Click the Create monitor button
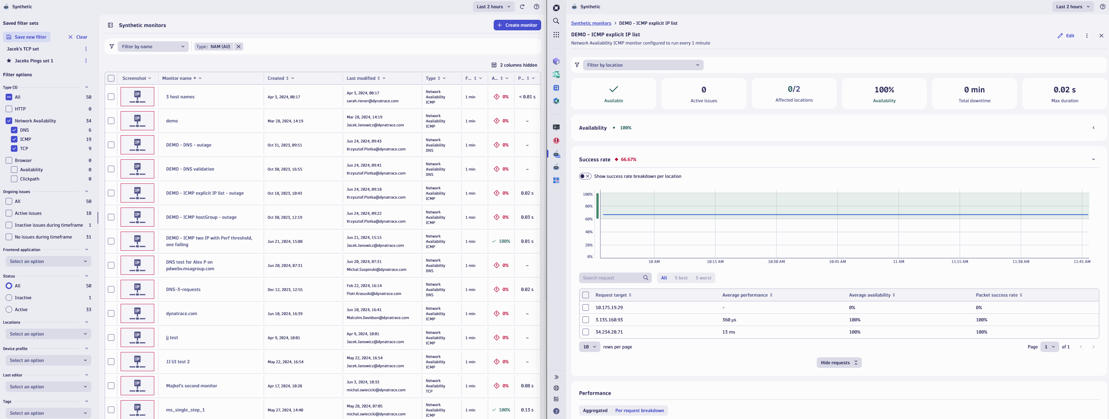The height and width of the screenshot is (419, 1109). pos(517,25)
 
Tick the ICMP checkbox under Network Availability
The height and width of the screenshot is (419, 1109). pos(14,139)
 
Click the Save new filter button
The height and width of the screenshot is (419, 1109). pos(27,37)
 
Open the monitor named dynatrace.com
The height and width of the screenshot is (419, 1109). pos(181,314)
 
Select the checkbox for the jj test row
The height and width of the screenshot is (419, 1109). pos(111,338)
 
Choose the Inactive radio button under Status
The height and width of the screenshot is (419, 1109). pos(9,298)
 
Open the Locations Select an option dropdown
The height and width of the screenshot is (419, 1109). pos(48,334)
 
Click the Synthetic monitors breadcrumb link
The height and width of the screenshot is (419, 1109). pos(591,23)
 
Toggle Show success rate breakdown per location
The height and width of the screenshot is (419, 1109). pos(585,176)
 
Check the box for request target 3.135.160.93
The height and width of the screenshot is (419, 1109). pos(586,320)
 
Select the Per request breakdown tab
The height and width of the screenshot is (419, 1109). pos(639,410)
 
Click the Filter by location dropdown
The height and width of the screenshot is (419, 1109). pos(643,65)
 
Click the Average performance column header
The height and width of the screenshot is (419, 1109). pos(744,295)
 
